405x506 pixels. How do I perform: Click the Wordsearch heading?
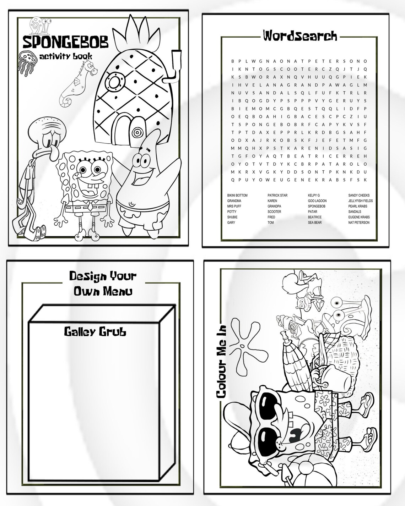pos(299,35)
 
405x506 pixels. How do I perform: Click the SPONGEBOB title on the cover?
pos(65,42)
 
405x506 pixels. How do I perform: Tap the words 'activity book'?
pos(66,56)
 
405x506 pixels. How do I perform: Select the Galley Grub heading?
pos(95,332)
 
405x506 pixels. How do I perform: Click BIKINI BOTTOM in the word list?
pos(237,196)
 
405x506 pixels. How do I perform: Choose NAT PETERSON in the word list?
pos(359,222)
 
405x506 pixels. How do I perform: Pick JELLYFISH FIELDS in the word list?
pos(361,201)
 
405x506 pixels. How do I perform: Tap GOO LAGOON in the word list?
pos(317,201)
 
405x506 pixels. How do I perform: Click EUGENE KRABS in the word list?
pos(359,217)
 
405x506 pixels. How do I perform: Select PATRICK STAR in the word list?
pos(277,196)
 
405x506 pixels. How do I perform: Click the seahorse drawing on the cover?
pos(76,84)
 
